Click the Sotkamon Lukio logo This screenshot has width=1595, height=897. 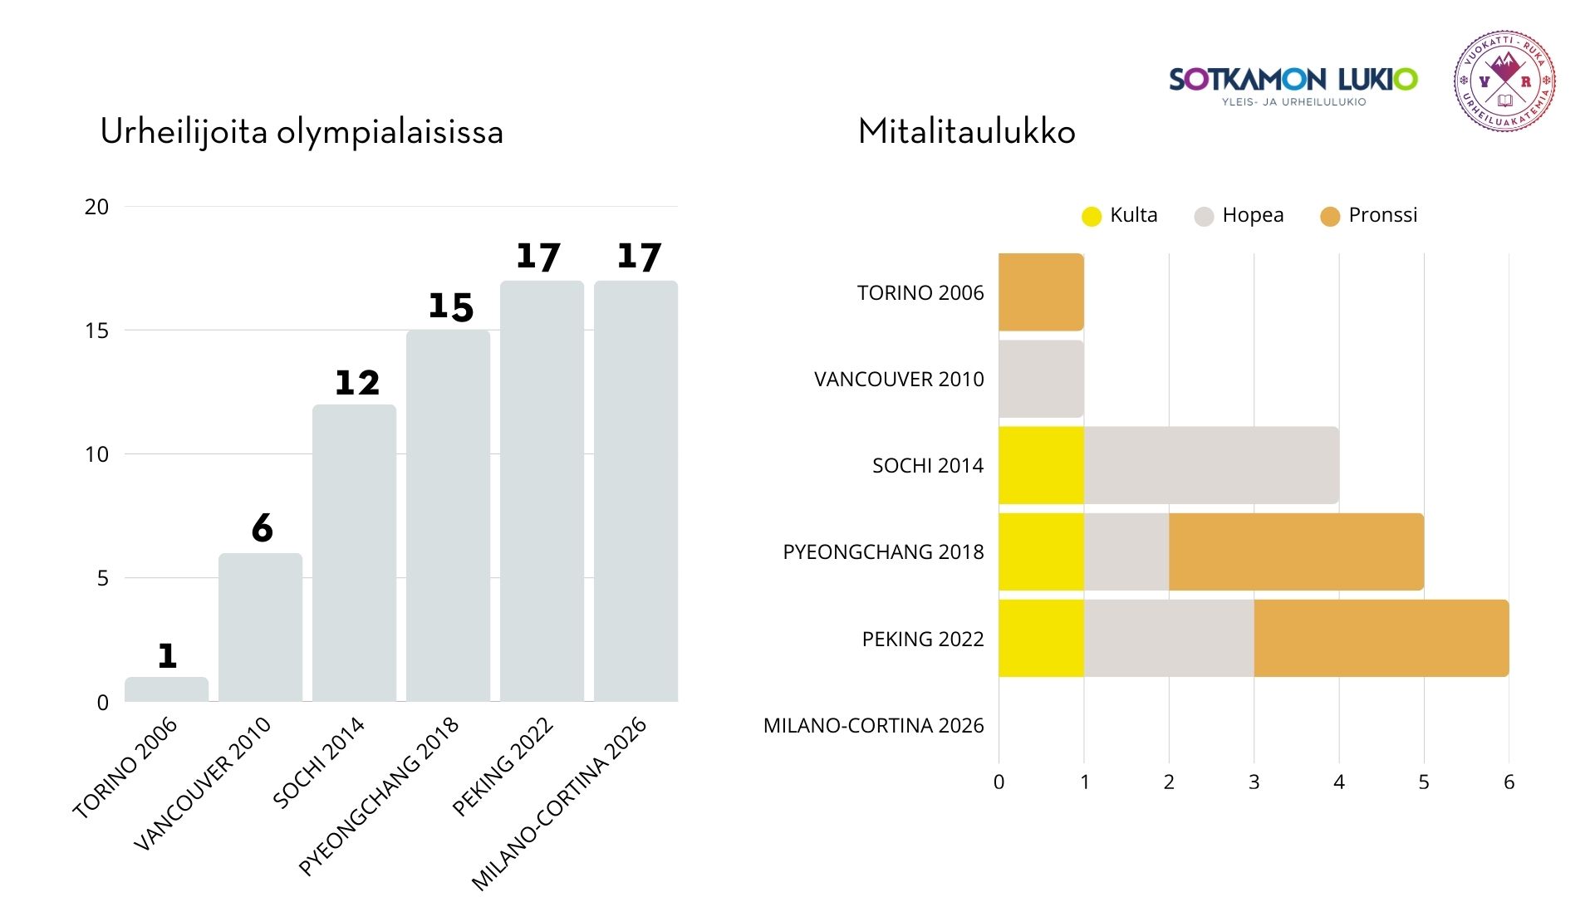(1293, 84)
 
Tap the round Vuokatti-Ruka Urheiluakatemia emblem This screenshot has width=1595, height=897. (1504, 81)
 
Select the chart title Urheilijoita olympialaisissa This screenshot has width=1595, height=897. (302, 132)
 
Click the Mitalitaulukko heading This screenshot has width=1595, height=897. (966, 132)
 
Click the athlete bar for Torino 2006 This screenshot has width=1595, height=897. (166, 689)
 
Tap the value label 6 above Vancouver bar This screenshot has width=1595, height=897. (263, 528)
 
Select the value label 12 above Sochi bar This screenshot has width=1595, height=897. (357, 383)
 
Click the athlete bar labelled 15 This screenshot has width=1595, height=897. (448, 515)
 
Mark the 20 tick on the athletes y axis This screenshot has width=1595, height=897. (96, 207)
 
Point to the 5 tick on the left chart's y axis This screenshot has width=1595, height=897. (102, 578)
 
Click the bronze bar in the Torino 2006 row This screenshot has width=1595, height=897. (1041, 292)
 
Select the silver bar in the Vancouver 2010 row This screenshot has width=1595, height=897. (1041, 379)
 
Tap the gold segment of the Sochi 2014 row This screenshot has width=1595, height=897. (1041, 465)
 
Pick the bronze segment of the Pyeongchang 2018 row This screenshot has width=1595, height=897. (1296, 551)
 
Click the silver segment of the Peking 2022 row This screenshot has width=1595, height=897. (1168, 638)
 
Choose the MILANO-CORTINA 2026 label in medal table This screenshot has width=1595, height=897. (873, 725)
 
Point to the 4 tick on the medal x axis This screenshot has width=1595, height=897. (1338, 782)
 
